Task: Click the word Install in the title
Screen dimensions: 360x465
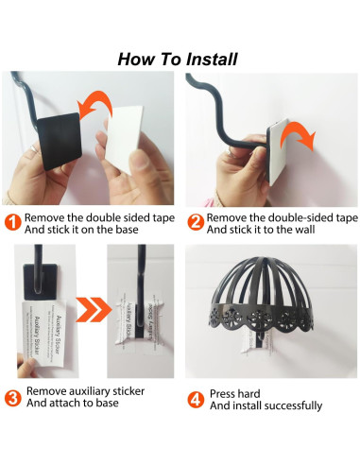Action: tap(212, 60)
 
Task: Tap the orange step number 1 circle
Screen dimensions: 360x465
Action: tap(12, 222)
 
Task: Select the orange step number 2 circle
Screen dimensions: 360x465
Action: tap(196, 222)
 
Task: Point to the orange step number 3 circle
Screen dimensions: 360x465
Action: tap(12, 398)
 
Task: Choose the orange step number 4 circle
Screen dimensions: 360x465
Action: tap(196, 400)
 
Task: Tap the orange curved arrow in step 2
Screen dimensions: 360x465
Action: tap(298, 135)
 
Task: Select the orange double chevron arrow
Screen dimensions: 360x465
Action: tap(94, 309)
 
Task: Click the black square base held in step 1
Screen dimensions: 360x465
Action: tap(60, 141)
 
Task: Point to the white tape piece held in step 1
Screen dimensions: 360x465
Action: tap(125, 139)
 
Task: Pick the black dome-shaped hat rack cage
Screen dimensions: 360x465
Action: tap(262, 294)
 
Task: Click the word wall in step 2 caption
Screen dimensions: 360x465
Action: tap(305, 230)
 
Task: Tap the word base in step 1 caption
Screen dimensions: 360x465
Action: tap(127, 230)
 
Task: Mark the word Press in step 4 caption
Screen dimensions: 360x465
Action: tap(222, 394)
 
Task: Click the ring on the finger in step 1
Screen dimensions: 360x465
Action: tap(34, 148)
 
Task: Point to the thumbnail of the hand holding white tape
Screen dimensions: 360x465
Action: tap(139, 158)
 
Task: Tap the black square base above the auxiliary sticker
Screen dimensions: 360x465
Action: tap(40, 282)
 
